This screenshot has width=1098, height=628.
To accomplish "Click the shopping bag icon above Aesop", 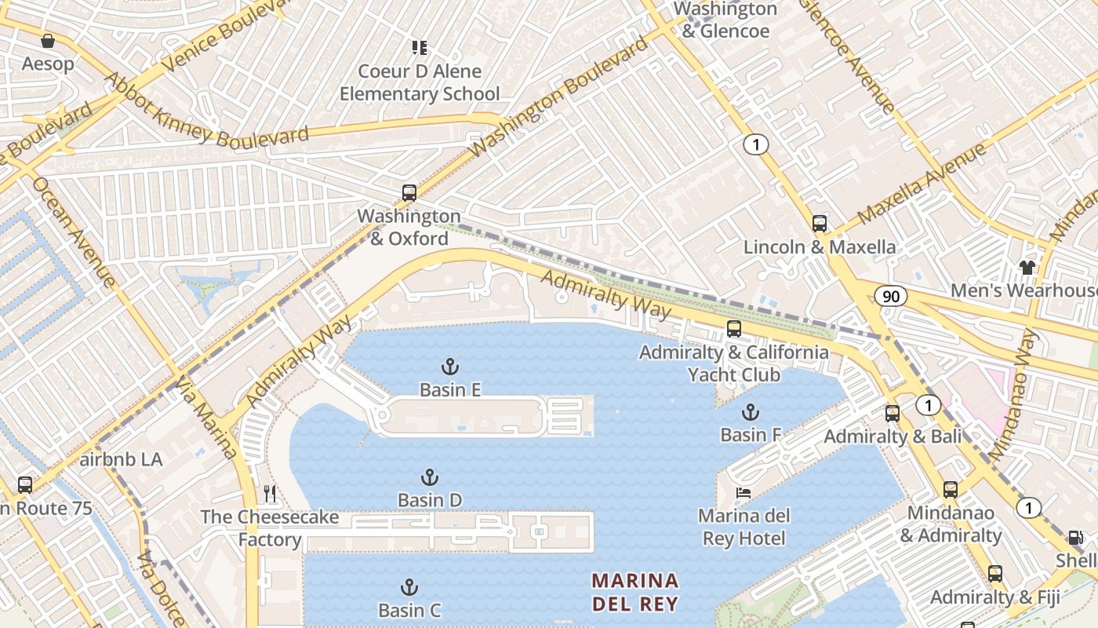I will (x=48, y=41).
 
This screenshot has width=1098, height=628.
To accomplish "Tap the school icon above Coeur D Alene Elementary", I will (x=420, y=48).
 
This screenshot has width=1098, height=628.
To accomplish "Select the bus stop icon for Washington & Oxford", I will (x=409, y=193).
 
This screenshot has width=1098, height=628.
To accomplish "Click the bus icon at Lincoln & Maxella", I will (x=820, y=224).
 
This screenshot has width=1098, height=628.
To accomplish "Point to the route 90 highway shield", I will (x=890, y=296).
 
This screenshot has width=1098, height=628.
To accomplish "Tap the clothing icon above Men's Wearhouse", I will (x=1027, y=267).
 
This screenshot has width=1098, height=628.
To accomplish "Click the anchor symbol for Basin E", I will (x=450, y=367).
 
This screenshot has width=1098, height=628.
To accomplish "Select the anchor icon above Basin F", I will (x=751, y=412).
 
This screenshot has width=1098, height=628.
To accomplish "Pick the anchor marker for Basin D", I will (x=429, y=477).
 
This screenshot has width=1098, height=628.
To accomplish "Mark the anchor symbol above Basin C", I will (x=409, y=587).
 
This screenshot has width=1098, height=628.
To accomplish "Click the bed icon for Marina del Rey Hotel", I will (x=743, y=493).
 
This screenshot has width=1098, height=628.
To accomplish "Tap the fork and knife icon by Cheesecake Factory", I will (x=270, y=494).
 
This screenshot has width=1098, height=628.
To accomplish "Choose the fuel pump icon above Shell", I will (x=1076, y=538).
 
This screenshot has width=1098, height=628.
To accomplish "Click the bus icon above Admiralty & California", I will (x=734, y=329).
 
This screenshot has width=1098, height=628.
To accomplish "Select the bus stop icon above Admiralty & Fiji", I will (x=995, y=574).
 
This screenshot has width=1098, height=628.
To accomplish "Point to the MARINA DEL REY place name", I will (x=635, y=592).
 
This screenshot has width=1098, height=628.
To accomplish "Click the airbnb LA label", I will (x=122, y=459).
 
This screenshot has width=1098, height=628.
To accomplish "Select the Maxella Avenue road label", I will (x=921, y=184).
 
